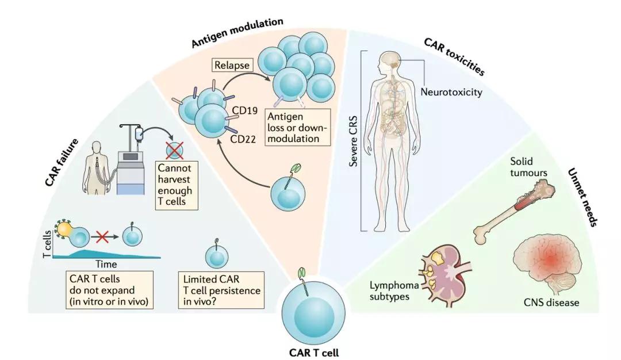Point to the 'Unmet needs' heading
click(x=581, y=196)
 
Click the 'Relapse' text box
click(x=232, y=66)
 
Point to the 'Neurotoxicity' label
click(x=451, y=92)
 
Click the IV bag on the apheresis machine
click(x=139, y=134)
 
